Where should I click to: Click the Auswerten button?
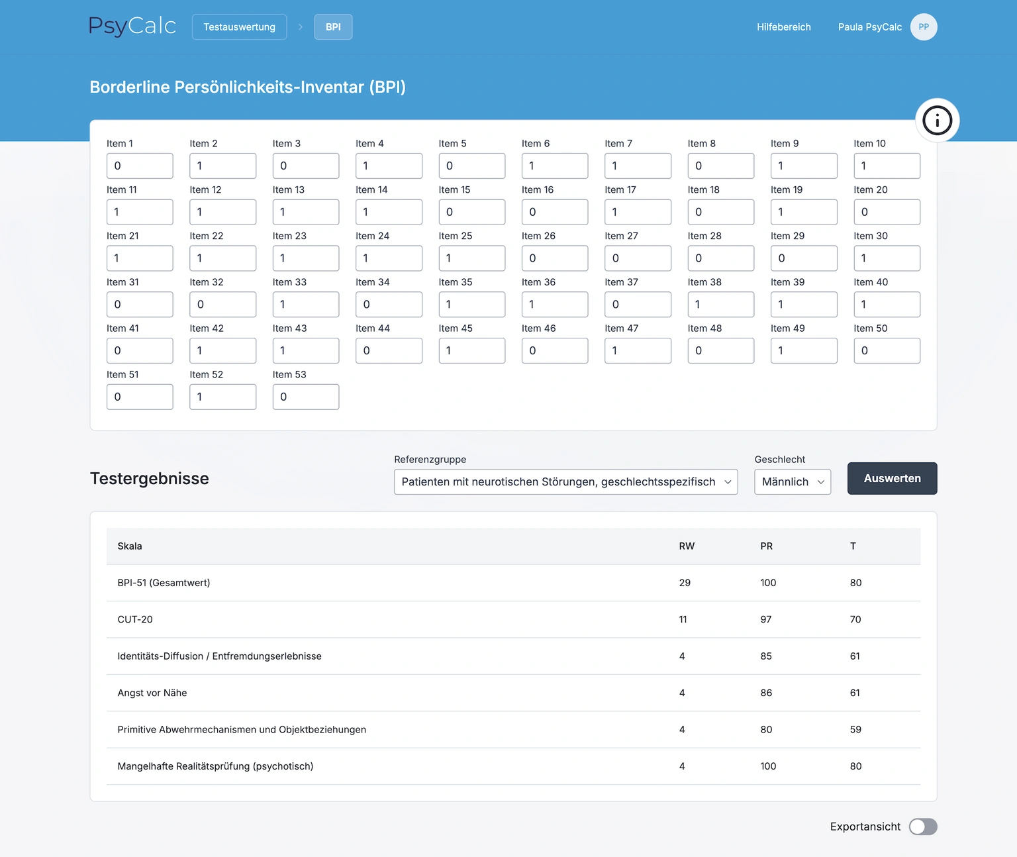tap(892, 478)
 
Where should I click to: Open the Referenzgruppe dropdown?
tap(565, 481)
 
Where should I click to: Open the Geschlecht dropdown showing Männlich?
tap(792, 481)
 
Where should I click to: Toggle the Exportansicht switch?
tap(922, 827)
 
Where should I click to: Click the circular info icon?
tap(937, 121)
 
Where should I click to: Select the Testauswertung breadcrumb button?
tap(239, 27)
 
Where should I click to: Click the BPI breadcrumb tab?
tap(333, 27)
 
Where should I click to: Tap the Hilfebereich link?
tap(783, 27)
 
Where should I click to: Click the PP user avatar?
tap(923, 27)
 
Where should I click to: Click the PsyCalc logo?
tap(132, 26)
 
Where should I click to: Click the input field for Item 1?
tap(140, 166)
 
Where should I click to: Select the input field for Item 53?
tap(306, 397)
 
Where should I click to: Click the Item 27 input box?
tap(638, 258)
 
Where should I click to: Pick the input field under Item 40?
tap(887, 305)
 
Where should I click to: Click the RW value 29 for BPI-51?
tap(685, 583)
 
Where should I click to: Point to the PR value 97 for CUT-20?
tap(766, 619)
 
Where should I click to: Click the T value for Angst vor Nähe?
tap(855, 693)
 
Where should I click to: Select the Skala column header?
tap(130, 546)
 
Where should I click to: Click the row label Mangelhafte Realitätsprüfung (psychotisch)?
tap(215, 766)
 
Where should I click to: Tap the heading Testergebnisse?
tap(150, 478)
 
